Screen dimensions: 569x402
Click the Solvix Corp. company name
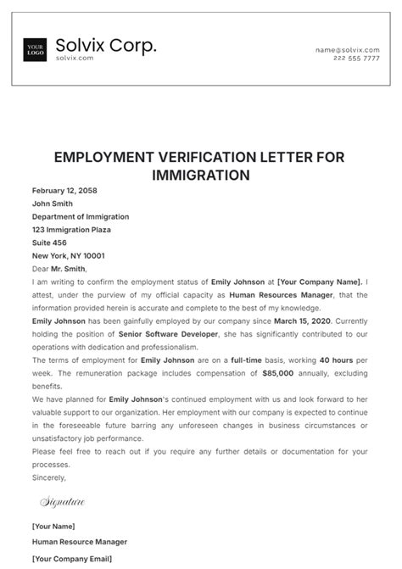coord(106,45)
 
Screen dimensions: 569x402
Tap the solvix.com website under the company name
coord(74,59)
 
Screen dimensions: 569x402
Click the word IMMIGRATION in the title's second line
coord(200,175)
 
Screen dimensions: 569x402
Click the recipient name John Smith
coord(53,204)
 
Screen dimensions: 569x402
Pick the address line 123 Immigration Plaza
coord(71,230)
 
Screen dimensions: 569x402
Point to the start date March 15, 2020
coord(306,321)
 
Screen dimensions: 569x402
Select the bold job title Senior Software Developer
coord(159,334)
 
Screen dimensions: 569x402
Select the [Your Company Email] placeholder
coord(72,559)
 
